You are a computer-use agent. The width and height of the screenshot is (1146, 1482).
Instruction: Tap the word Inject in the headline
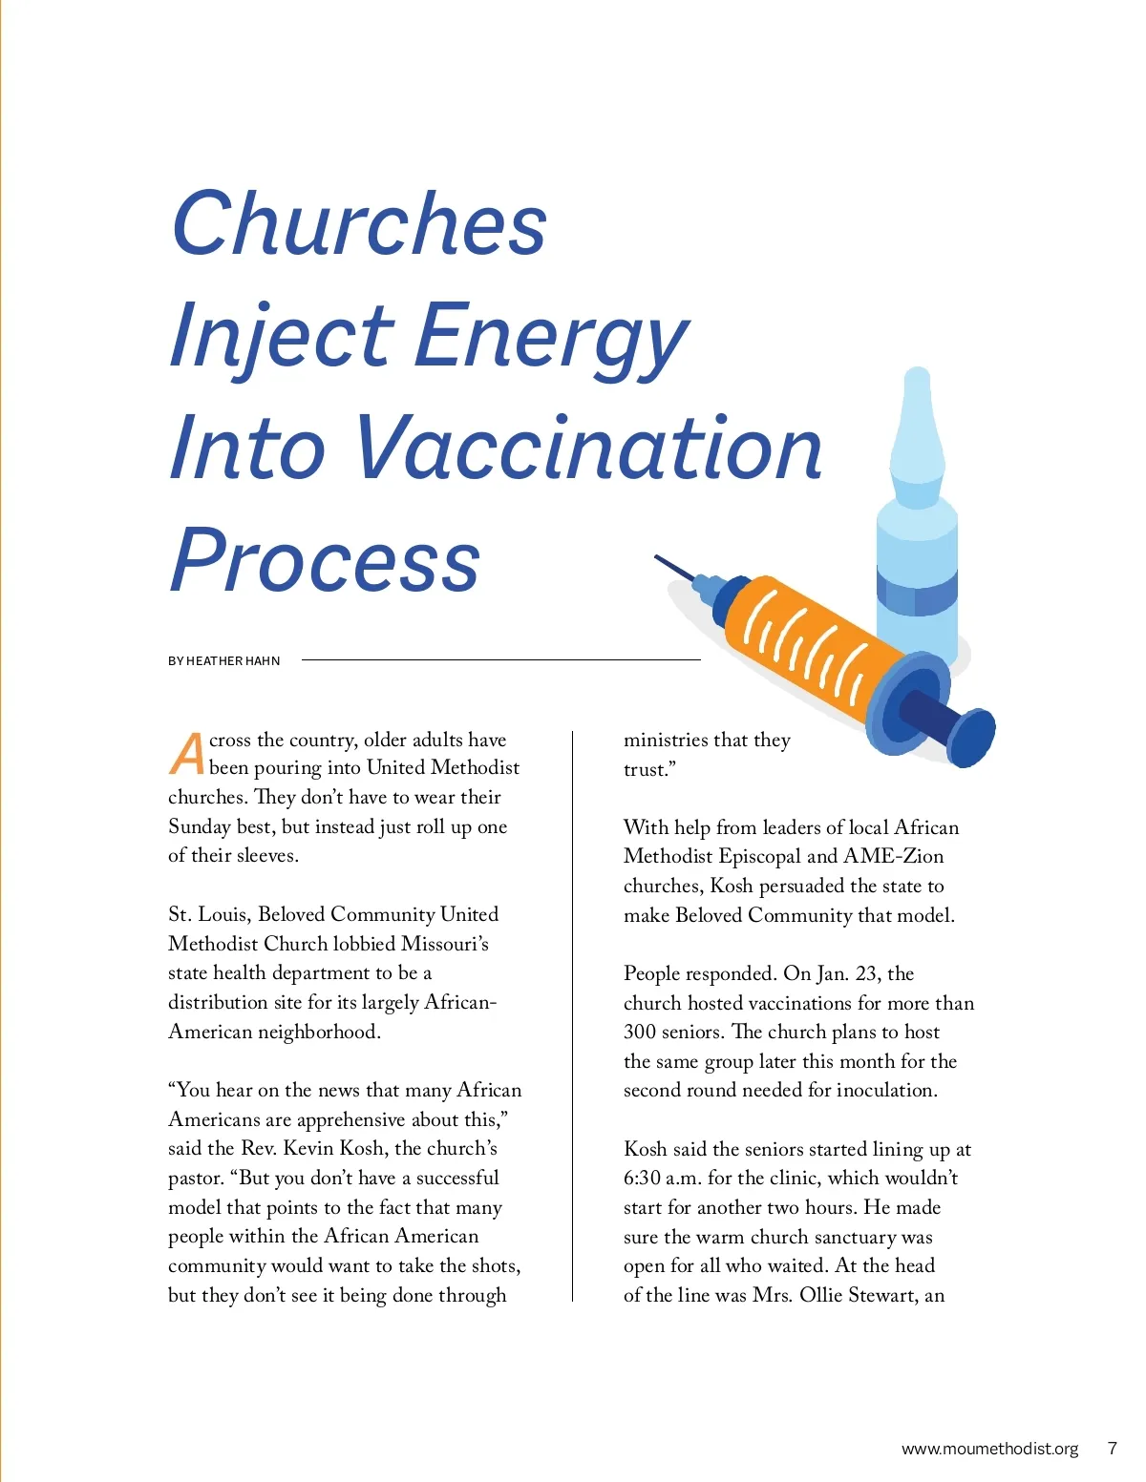[282, 336]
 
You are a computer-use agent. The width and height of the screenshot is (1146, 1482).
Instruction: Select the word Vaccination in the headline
[588, 448]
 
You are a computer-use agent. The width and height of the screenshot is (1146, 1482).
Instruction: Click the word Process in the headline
[325, 560]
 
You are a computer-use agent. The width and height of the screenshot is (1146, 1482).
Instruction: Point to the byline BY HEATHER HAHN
[224, 660]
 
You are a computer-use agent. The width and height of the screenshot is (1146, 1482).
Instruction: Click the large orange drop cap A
[187, 753]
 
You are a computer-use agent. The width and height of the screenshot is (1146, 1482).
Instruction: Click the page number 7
[1112, 1449]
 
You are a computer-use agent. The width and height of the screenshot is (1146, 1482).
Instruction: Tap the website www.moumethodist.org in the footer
[989, 1449]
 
